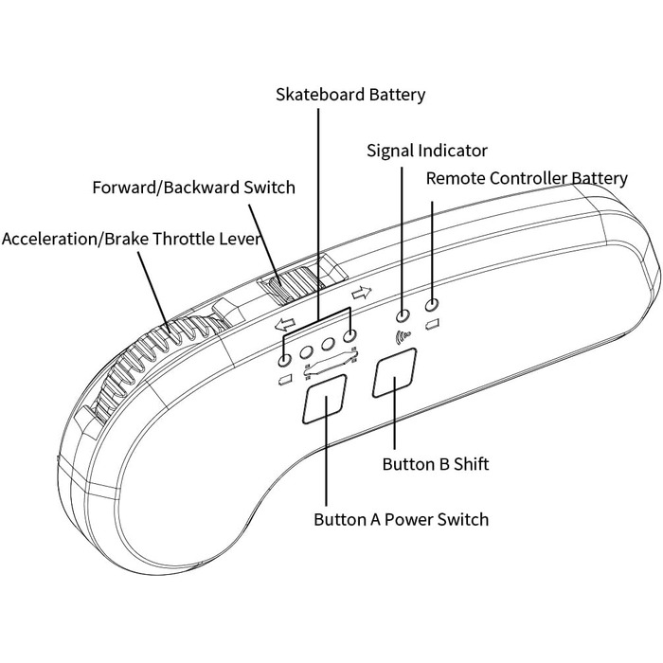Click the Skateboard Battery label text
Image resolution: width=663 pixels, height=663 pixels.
point(350,95)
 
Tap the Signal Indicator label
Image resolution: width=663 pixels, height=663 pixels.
point(426,151)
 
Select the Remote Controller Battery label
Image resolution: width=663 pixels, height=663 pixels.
point(527,178)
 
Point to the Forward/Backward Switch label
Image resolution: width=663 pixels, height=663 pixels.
point(193,188)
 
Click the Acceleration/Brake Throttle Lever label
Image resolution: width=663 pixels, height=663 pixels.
point(132,238)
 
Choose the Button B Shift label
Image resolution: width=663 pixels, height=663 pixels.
point(435,464)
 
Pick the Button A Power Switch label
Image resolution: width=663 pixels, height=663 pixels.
point(401,519)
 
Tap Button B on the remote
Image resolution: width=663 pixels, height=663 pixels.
point(395,377)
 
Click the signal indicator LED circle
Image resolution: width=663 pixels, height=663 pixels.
point(403,315)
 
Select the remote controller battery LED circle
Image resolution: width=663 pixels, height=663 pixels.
point(433,305)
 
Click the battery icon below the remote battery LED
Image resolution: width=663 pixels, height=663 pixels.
point(432,326)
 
